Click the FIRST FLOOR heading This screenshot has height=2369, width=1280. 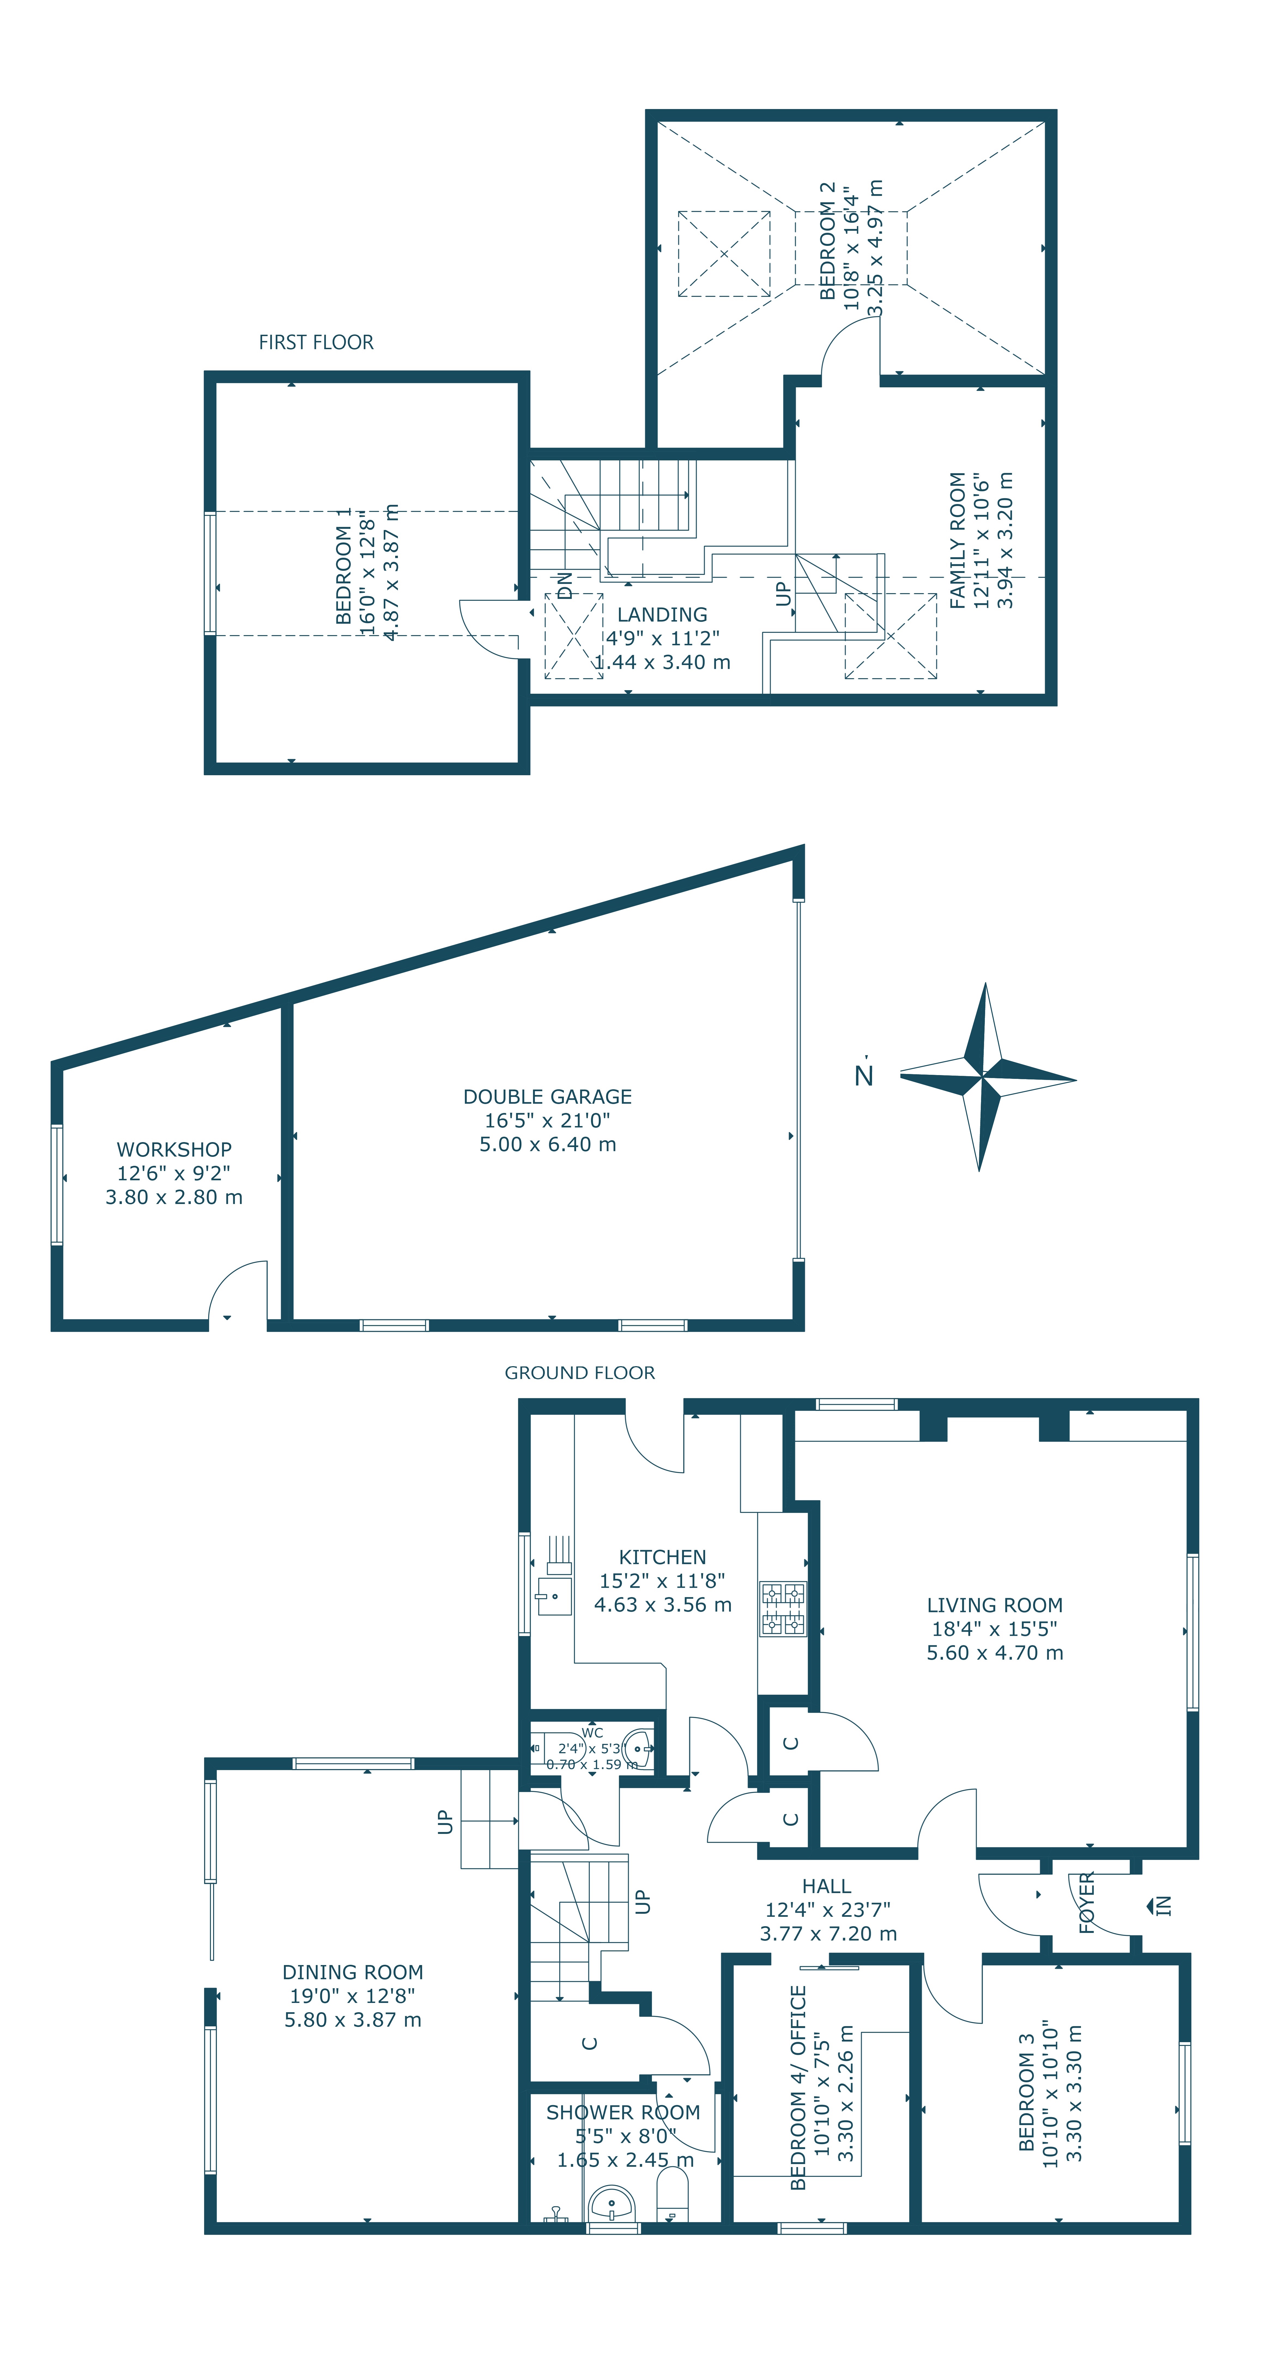(x=316, y=342)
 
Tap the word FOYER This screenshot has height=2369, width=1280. (x=1086, y=1903)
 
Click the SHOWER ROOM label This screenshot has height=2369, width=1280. (x=624, y=2113)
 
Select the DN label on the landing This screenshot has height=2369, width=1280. (x=565, y=585)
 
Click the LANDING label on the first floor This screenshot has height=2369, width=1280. (x=662, y=614)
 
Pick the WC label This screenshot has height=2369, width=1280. (x=592, y=1733)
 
